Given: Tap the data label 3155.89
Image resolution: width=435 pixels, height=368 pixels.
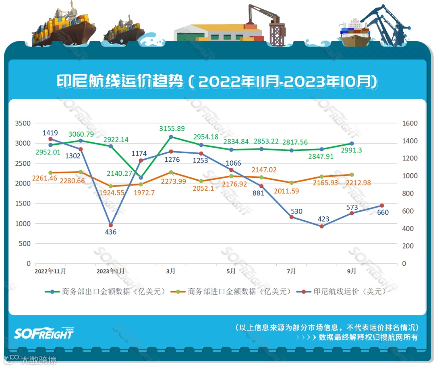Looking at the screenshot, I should pyautogui.click(x=172, y=129).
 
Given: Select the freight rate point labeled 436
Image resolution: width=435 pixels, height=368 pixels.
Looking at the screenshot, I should pyautogui.click(x=111, y=225).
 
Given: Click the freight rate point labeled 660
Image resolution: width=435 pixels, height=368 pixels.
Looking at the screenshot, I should pyautogui.click(x=382, y=206).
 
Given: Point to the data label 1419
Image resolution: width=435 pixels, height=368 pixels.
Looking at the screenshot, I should pyautogui.click(x=51, y=133).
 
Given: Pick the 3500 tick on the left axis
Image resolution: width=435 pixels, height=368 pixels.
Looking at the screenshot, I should pyautogui.click(x=23, y=123).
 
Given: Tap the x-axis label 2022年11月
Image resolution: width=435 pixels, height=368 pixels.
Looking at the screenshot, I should pyautogui.click(x=50, y=271).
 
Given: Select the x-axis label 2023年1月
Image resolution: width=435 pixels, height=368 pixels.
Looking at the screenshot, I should pyautogui.click(x=111, y=271).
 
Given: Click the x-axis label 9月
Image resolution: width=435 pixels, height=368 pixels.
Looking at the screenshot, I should pyautogui.click(x=352, y=271).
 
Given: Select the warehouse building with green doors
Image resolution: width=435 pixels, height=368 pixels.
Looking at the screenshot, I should pyautogui.click(x=217, y=32).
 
